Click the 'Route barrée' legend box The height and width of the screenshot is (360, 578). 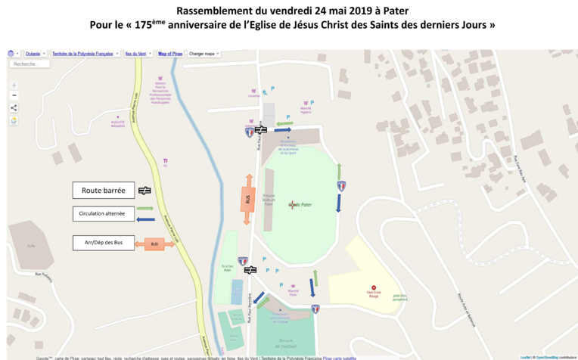coord(103,191)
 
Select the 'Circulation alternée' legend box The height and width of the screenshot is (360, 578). coord(103,214)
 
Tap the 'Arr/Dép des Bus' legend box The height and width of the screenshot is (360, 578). coord(103,244)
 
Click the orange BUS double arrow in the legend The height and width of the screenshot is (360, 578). coord(154,244)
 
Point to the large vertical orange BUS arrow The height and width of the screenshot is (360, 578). coord(249,199)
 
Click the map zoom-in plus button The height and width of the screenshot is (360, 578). coord(14,85)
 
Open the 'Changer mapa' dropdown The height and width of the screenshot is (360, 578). coord(205,54)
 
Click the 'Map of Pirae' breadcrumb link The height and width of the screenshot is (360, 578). coord(170,54)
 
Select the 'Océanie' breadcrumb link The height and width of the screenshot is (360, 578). coord(33,54)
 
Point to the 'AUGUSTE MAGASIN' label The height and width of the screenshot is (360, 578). coord(117,125)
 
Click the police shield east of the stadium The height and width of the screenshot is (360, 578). coord(341,185)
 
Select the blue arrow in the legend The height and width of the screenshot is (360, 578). coord(145,219)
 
